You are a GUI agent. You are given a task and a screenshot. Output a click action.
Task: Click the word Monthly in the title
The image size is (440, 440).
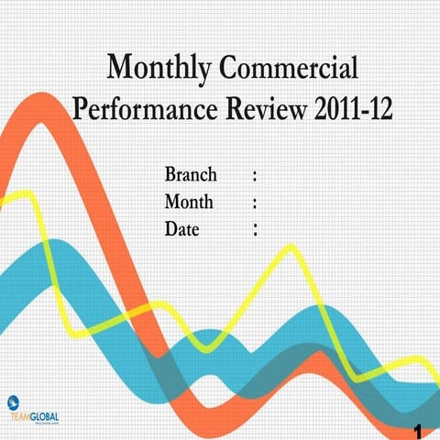point(161,69)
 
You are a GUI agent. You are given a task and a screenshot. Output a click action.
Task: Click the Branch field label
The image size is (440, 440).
point(191,174)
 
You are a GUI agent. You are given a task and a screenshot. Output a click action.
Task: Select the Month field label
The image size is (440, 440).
point(189,201)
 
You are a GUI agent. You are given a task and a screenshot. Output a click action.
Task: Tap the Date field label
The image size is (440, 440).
point(181,227)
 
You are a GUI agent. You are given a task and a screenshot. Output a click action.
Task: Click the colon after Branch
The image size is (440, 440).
point(253,175)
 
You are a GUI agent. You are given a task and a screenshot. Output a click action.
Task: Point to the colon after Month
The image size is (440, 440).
point(253,202)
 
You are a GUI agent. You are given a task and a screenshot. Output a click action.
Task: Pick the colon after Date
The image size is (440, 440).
point(253,228)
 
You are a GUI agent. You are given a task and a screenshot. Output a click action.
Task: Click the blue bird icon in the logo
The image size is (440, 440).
point(12,401)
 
